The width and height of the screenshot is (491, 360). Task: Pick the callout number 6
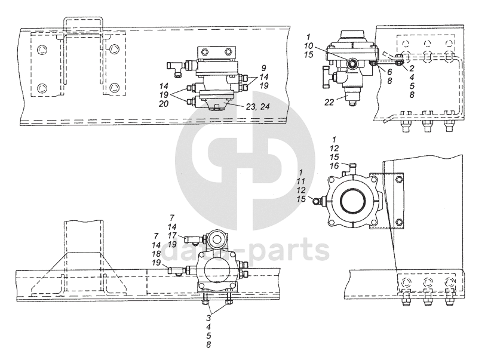(x=389, y=71)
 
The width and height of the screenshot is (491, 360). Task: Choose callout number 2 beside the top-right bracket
(x=412, y=69)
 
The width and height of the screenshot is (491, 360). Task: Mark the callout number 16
(x=336, y=165)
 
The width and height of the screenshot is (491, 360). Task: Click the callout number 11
(x=305, y=180)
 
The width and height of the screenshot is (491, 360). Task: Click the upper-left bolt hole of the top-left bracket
(x=41, y=50)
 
